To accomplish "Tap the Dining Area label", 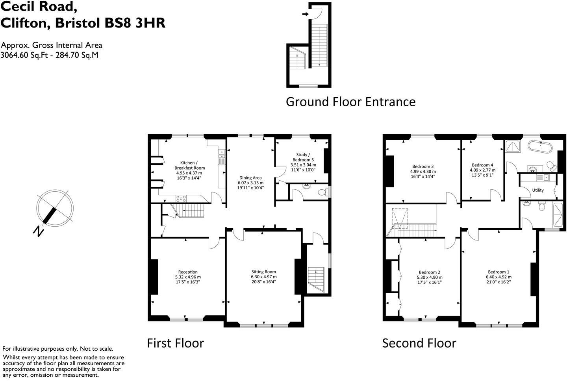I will tap(250, 178).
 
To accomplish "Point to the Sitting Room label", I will tap(263, 272).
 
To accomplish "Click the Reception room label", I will tap(188, 272).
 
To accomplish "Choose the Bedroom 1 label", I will tap(498, 272).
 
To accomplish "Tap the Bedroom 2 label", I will tap(429, 272).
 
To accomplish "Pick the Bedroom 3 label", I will tap(423, 166).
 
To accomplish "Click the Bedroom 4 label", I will tap(482, 165).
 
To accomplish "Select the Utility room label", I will tap(538, 190).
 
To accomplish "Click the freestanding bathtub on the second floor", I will tap(540, 146).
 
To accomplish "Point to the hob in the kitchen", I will tap(182, 198).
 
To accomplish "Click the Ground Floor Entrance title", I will tap(350, 102).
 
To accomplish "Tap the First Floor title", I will tap(175, 343).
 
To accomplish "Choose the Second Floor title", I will tap(419, 343).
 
